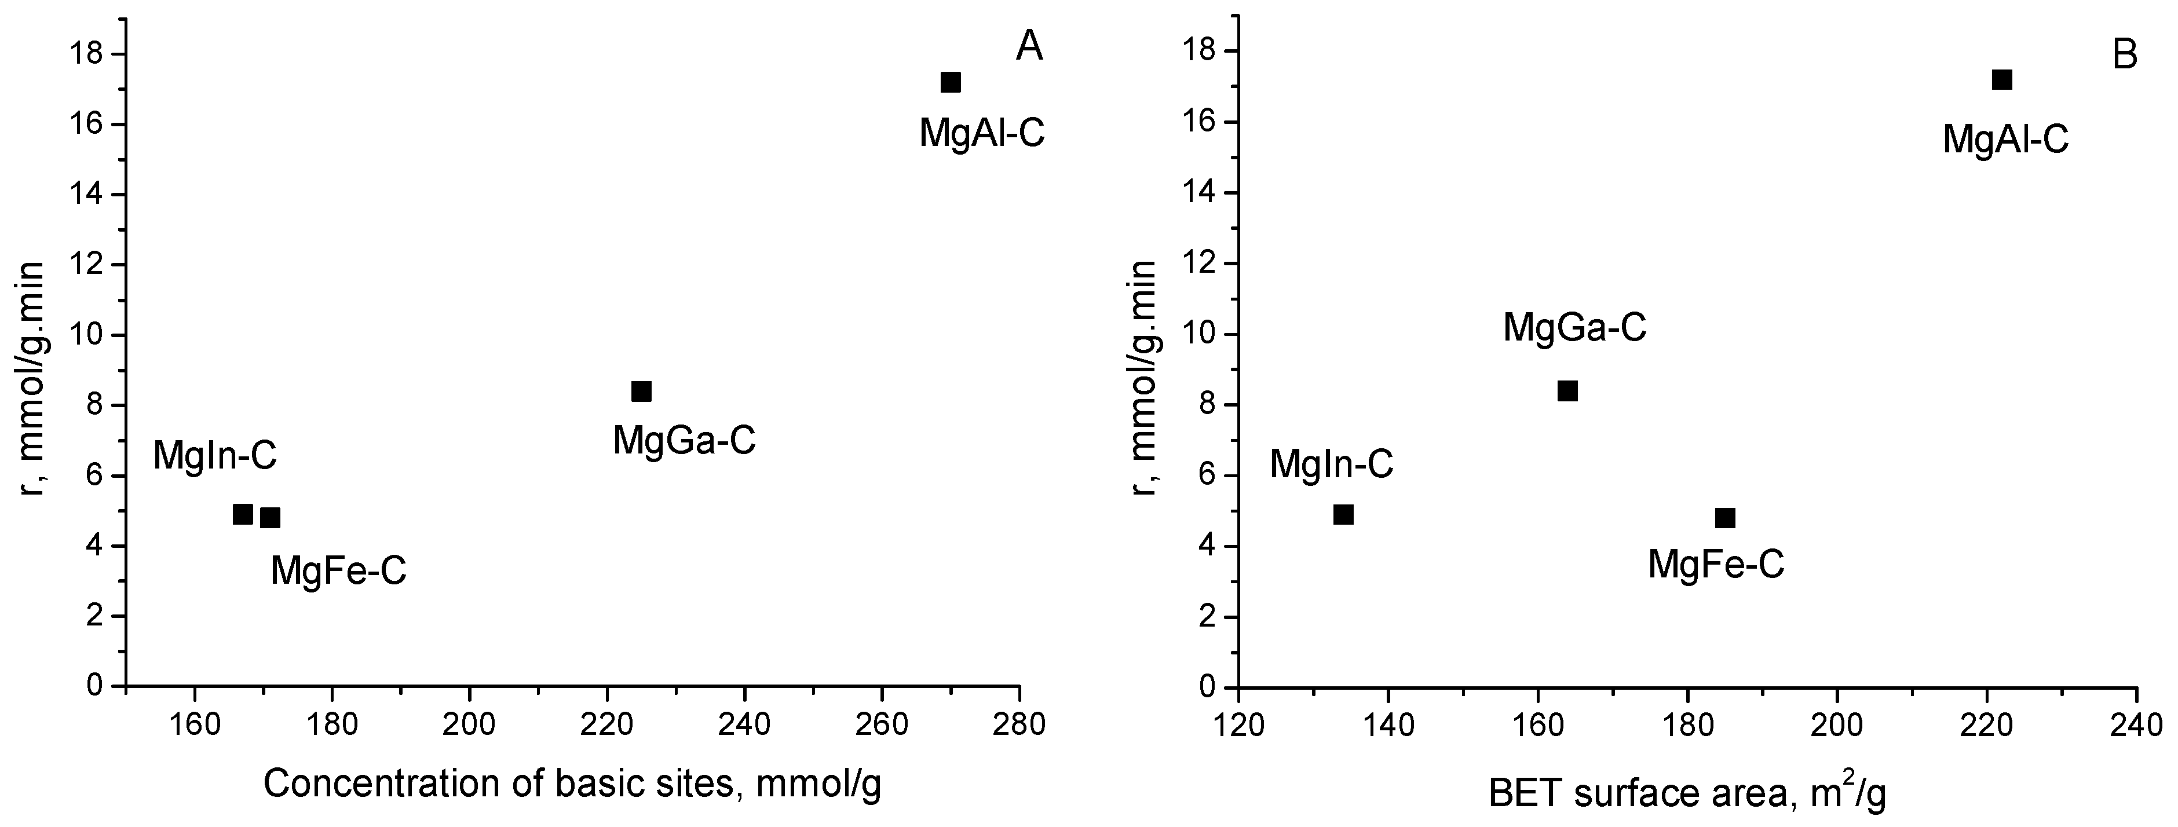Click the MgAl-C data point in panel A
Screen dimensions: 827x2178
tap(951, 82)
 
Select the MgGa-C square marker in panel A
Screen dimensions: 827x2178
tap(642, 391)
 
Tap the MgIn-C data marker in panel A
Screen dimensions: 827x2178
tap(243, 514)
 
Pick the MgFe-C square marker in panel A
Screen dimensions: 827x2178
tap(271, 518)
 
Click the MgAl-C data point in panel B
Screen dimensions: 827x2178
tap(2002, 79)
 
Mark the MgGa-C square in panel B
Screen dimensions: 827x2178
tap(1567, 391)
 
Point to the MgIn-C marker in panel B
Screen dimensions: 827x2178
tap(1343, 514)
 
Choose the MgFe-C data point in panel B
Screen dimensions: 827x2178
tap(1726, 518)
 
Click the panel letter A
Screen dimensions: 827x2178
tap(1029, 48)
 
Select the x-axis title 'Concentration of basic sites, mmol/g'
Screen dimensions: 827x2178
tap(572, 785)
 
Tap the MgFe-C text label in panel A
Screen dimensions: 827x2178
tap(338, 572)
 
